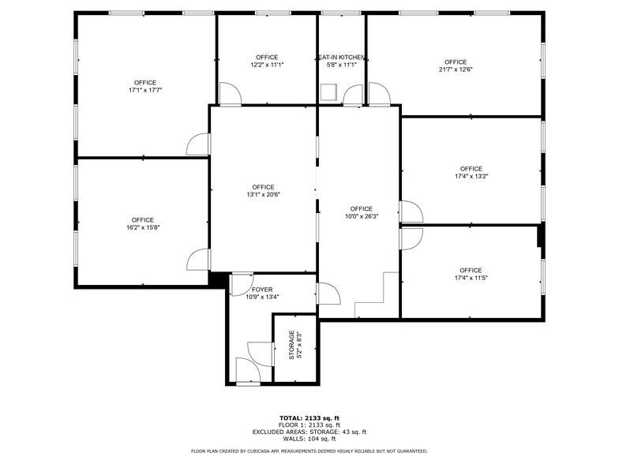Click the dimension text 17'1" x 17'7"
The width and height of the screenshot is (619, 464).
point(144,91)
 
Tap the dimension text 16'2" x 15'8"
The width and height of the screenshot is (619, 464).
point(143,227)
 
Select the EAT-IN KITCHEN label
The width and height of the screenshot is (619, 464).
point(341,57)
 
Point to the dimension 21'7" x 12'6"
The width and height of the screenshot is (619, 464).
point(455,69)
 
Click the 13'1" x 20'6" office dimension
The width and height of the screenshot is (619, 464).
point(263,195)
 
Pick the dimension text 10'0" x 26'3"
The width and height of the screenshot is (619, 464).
point(360,216)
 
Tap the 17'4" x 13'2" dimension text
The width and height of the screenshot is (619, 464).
point(471,176)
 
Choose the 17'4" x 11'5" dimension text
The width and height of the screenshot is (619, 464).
point(471,278)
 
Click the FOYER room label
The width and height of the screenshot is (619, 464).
point(262,290)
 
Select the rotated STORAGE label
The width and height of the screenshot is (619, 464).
point(291,346)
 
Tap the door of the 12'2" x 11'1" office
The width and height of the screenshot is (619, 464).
point(230,95)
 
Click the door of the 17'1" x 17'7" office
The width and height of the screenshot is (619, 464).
point(198,144)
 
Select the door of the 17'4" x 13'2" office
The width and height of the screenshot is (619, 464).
point(411,212)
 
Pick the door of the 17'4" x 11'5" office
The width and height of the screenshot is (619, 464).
point(411,238)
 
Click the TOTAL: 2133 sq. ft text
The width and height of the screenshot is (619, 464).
point(309,417)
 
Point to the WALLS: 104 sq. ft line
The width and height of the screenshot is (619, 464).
point(309,439)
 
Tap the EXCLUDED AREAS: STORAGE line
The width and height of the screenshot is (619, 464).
point(309,432)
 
